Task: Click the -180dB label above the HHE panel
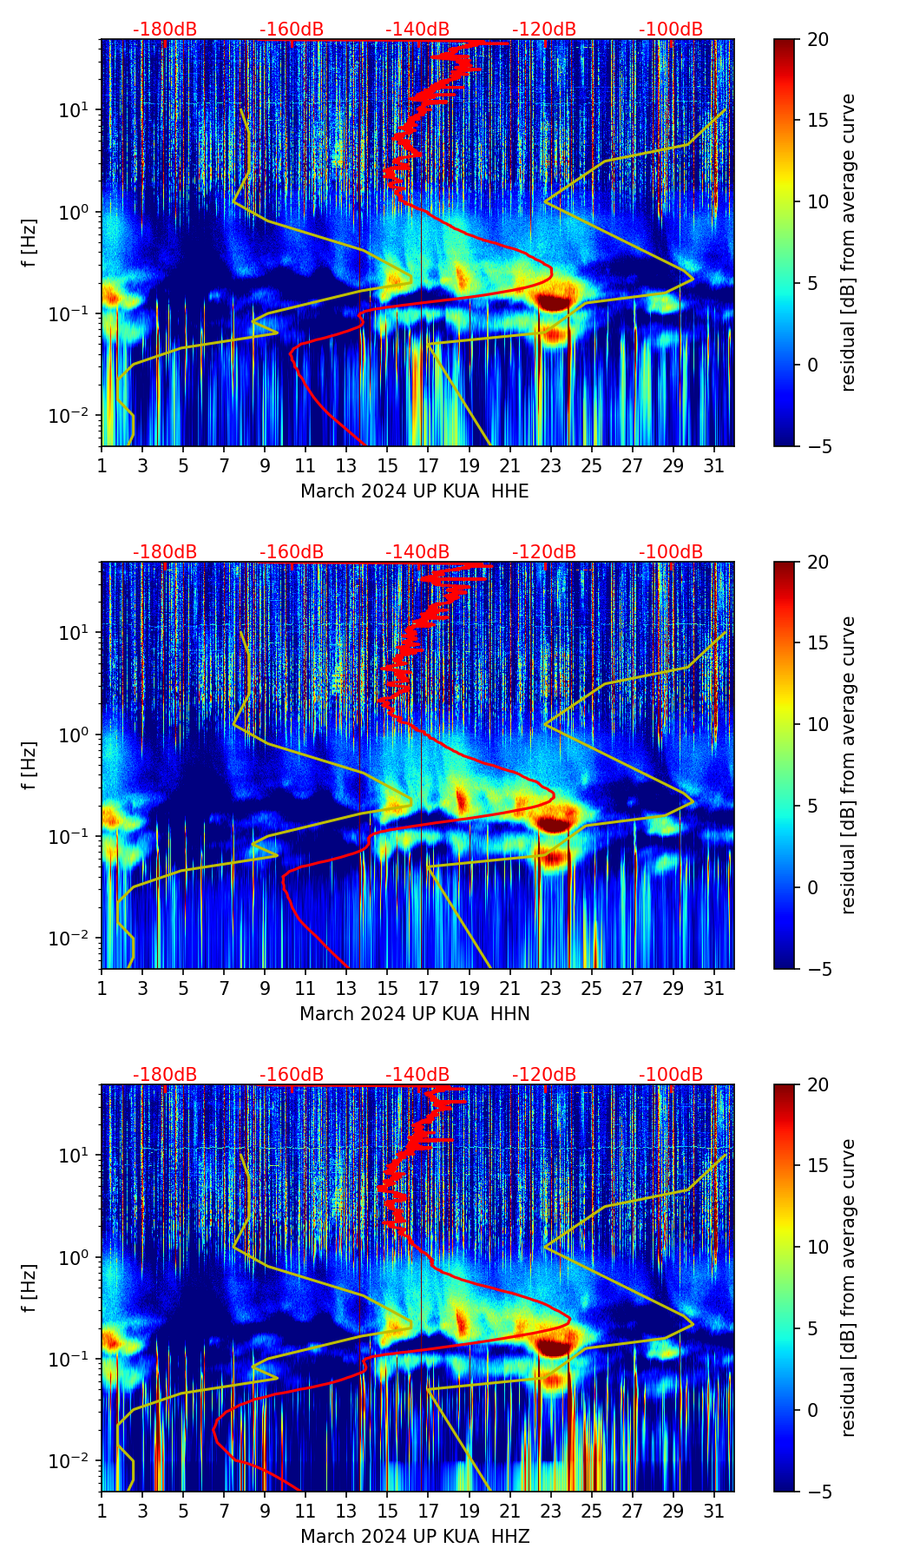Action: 165,30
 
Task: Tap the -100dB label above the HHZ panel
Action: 671,1075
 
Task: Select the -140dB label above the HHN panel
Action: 417,552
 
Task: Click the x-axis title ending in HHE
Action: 414,491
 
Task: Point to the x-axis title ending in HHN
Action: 414,1014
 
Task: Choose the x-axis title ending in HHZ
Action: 414,1537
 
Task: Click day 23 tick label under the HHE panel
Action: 550,465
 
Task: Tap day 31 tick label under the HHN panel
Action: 713,988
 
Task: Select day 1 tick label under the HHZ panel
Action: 102,1511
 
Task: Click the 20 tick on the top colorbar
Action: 818,40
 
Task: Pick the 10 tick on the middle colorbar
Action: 818,724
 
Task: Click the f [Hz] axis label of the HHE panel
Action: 30,242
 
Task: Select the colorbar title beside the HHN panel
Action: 849,765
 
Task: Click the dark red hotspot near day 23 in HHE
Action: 553,301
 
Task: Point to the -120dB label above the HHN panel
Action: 544,552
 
